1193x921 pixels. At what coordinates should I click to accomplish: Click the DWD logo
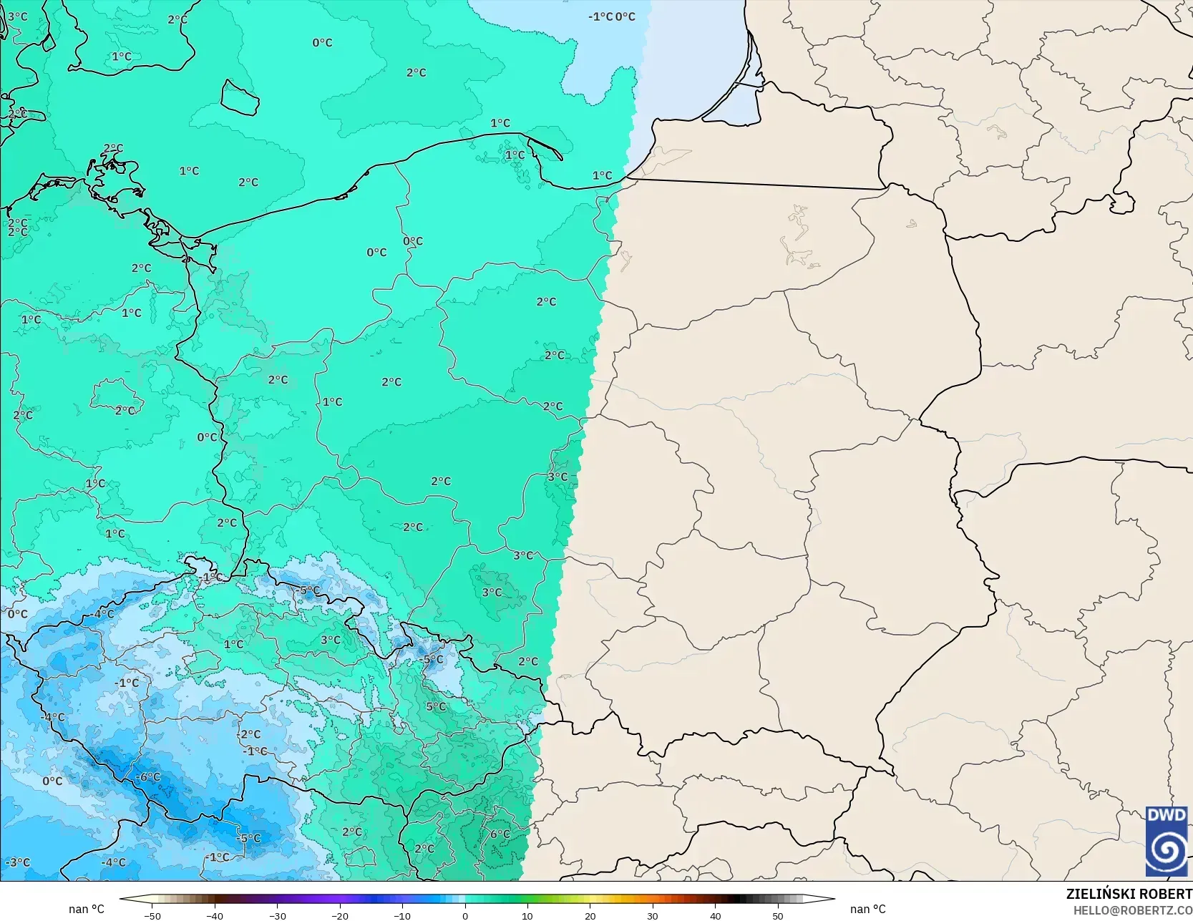[x=1167, y=841]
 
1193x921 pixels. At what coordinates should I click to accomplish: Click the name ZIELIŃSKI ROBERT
[x=1129, y=894]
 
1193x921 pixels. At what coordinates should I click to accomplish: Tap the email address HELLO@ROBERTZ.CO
[x=1132, y=910]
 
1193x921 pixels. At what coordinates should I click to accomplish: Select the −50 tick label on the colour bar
[x=152, y=915]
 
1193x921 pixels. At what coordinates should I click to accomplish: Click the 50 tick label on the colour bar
[x=778, y=915]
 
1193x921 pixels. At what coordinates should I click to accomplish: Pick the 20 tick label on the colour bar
[x=590, y=915]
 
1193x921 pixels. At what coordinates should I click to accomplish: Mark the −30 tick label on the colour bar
[x=277, y=915]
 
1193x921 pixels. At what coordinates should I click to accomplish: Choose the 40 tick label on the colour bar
[x=715, y=915]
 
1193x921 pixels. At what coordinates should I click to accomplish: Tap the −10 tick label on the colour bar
[x=402, y=915]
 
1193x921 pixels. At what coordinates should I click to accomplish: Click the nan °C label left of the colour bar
[x=87, y=909]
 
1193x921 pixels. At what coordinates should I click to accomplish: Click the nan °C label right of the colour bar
[x=867, y=909]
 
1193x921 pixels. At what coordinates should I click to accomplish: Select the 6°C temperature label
[x=500, y=834]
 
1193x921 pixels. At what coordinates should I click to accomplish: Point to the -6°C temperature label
[x=148, y=776]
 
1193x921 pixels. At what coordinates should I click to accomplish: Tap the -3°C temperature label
[x=18, y=862]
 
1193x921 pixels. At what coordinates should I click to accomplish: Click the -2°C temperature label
[x=250, y=734]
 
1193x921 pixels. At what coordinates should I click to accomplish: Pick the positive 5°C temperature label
[x=436, y=706]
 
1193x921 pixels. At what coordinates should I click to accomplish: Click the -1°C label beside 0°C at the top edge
[x=600, y=16]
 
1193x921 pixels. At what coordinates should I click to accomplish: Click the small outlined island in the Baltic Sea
[x=239, y=97]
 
